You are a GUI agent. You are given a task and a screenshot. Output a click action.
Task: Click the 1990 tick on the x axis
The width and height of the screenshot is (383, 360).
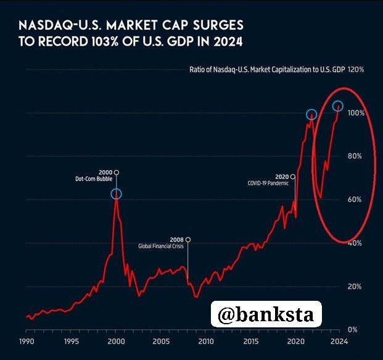pos(26,341)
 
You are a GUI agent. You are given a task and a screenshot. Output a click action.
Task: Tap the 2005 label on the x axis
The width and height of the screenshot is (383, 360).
pos(161,341)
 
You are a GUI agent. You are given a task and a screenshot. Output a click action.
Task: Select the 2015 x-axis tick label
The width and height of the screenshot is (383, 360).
pos(250,341)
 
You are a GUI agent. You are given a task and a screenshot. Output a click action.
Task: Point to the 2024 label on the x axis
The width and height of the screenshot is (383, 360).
pos(338,341)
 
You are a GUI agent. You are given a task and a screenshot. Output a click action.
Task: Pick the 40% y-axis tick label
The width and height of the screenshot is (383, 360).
pos(354,243)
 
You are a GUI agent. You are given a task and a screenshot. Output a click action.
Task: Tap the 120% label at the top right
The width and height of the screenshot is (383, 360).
pos(356,70)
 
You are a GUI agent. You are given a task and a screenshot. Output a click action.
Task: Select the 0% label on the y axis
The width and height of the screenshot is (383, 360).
pos(352,330)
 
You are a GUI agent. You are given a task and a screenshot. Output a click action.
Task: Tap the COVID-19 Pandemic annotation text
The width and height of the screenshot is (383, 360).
pos(268,183)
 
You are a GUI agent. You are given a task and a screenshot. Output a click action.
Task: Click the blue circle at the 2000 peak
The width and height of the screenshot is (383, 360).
pos(117,194)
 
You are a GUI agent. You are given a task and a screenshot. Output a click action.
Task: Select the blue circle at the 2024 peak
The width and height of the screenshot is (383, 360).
pos(337,106)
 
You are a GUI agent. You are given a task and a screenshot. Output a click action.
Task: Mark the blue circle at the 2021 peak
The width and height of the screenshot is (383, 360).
pos(311,114)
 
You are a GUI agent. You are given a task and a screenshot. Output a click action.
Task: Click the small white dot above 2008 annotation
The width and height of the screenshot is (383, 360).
pos(188,239)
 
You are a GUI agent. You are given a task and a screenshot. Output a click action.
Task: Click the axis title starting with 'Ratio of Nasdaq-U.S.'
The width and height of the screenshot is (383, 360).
pos(266,70)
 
